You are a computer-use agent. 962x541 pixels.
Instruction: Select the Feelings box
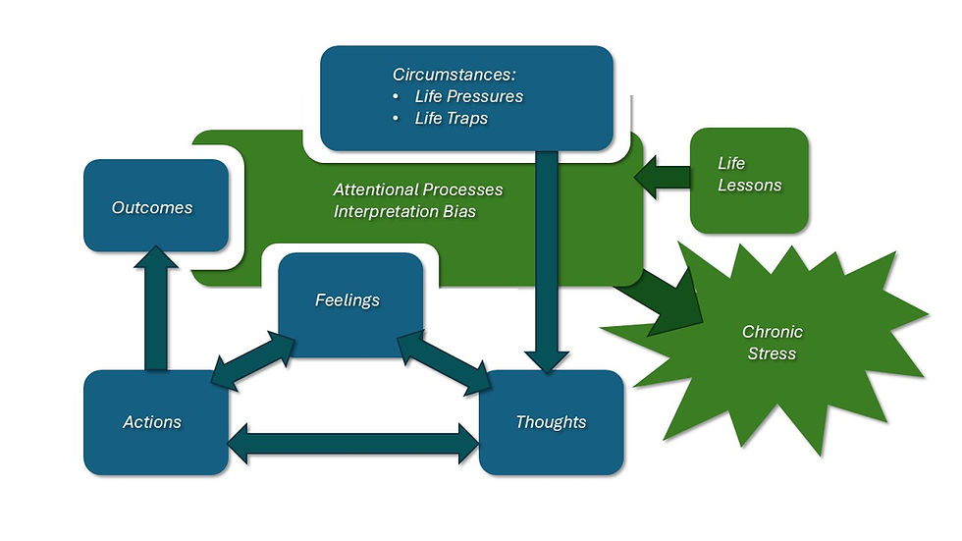347,299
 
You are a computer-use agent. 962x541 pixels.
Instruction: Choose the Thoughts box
551,422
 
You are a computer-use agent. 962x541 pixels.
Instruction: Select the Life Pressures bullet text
468,96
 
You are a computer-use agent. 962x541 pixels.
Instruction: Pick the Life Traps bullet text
452,118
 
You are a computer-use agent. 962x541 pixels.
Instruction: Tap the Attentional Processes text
417,189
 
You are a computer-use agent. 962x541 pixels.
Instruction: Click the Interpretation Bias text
404,211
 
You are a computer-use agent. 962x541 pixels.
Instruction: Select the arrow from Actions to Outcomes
157,309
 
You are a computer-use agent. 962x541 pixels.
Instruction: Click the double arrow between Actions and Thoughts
353,443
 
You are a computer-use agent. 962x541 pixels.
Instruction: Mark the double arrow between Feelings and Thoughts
444,354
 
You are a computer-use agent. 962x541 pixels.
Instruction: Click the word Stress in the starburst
772,353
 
